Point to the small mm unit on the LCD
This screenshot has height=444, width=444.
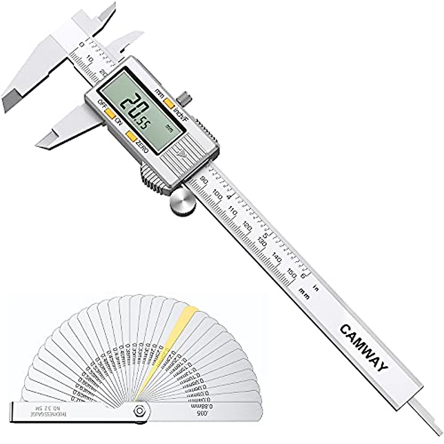[x=169, y=128]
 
